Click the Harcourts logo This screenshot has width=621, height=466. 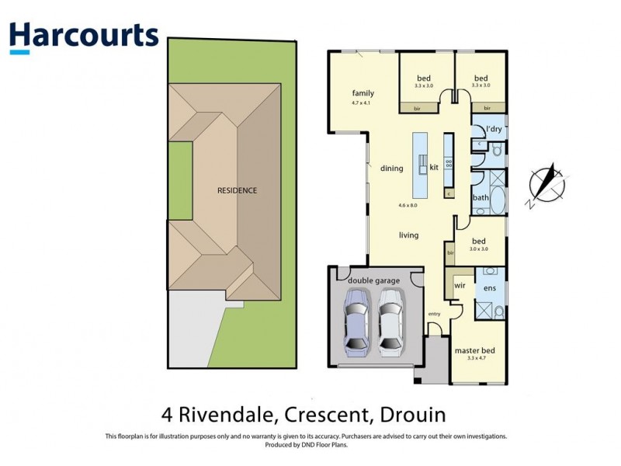(83, 37)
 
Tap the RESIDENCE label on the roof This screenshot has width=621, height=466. (237, 190)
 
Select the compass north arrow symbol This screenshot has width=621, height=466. (546, 185)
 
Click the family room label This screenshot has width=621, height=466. (363, 93)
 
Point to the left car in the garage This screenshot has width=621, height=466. (356, 319)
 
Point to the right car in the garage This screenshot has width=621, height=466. (392, 319)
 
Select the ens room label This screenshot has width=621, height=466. (490, 288)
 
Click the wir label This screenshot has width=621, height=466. (459, 283)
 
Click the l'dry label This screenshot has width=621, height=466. (493, 129)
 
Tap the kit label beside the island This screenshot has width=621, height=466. (434, 167)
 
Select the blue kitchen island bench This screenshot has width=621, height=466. (420, 164)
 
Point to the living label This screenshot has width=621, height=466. (408, 235)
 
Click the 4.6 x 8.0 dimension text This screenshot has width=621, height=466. (408, 205)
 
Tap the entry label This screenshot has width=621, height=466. (433, 313)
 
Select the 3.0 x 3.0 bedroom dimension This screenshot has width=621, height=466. (478, 249)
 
